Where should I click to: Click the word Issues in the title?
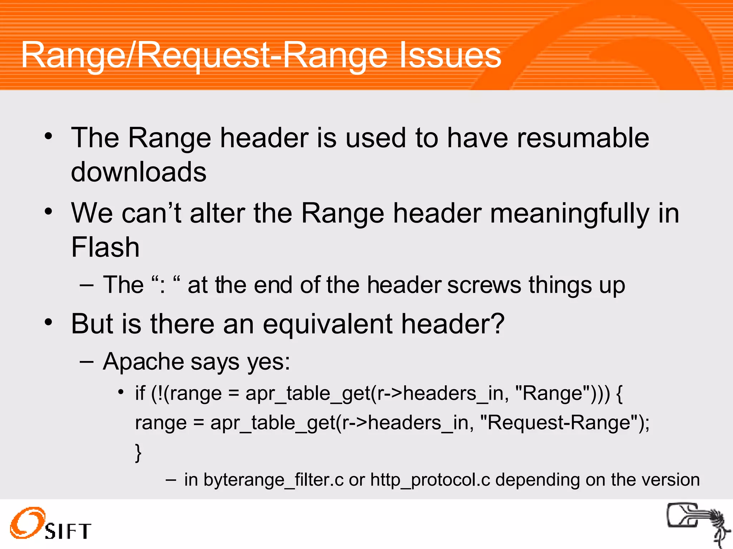(x=450, y=55)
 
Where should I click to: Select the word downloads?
(x=139, y=172)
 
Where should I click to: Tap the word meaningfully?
(x=569, y=213)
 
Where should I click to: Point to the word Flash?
(x=105, y=247)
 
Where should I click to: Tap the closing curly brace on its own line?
(x=138, y=453)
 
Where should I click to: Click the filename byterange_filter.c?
(x=274, y=480)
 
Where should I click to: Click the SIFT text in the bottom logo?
(x=68, y=531)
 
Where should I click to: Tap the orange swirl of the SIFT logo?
(x=28, y=522)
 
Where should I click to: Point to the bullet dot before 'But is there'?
(x=48, y=322)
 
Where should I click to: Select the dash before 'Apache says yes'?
(x=87, y=362)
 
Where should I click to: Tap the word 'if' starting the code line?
(x=140, y=394)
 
